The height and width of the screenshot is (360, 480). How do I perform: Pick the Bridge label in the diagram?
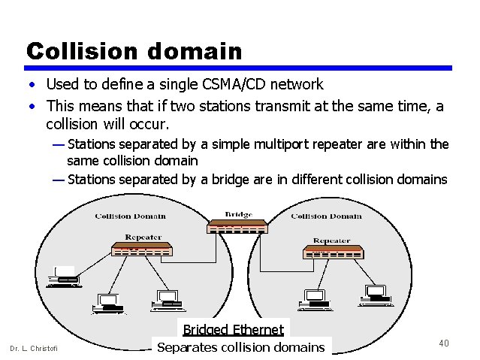(x=238, y=215)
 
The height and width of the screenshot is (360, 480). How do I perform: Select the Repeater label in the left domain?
(x=143, y=237)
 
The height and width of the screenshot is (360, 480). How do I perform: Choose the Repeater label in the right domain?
(x=331, y=241)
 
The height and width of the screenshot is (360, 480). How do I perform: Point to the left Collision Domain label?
(x=130, y=216)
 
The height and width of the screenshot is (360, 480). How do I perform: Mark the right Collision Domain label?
(x=326, y=216)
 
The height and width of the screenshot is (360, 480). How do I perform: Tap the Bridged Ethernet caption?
(x=234, y=329)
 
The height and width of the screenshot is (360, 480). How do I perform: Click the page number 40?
(x=443, y=343)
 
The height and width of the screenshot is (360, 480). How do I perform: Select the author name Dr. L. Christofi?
(x=33, y=347)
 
